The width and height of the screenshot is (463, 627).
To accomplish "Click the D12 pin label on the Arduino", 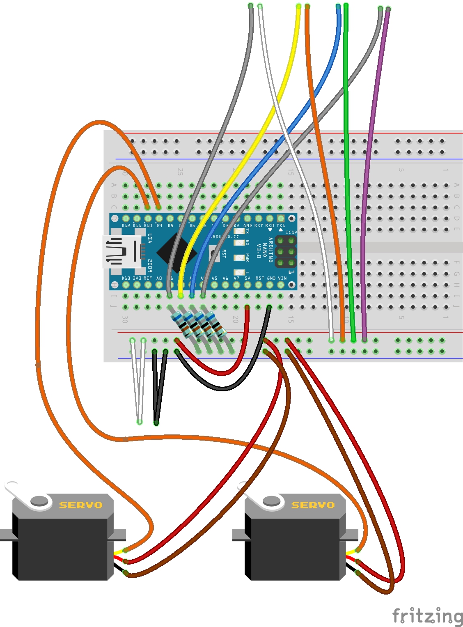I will tap(126, 225).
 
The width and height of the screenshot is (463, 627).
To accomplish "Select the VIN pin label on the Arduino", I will tap(282, 278).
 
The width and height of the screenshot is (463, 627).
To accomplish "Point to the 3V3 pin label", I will tap(137, 278).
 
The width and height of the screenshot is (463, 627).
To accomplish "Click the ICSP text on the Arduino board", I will tap(291, 232).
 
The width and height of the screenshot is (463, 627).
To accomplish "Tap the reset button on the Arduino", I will tap(213, 253).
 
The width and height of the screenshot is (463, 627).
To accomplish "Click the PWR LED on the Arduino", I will tap(239, 257).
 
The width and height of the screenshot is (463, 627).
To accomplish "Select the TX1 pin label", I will tap(281, 225).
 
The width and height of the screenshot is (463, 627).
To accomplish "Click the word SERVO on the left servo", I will tap(80, 505).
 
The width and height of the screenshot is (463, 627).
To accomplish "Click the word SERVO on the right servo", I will tap(313, 505).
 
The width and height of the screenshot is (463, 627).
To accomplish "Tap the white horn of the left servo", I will tap(29, 498).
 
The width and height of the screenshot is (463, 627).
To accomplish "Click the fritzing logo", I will tap(427, 616).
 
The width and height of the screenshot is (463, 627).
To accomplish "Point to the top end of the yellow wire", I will tap(299, 7).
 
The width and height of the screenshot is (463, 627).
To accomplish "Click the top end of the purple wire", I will tap(388, 9).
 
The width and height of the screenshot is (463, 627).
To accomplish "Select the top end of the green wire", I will tap(346, 6).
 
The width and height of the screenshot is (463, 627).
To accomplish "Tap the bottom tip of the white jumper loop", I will tap(140, 421).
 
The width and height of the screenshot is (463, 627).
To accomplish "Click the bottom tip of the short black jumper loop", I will tap(156, 423).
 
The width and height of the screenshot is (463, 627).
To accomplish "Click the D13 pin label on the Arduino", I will tap(126, 278).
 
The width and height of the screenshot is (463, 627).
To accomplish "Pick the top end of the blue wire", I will tap(338, 7).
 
